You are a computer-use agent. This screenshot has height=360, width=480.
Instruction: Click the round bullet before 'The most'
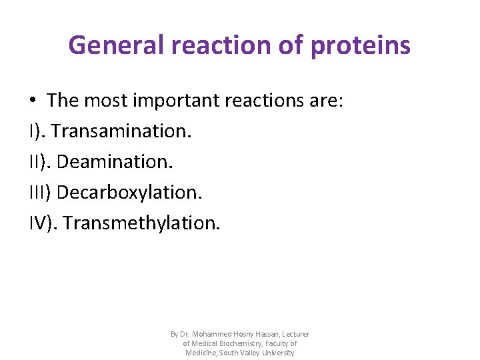click(33, 101)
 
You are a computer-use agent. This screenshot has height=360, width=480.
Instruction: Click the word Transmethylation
click(141, 223)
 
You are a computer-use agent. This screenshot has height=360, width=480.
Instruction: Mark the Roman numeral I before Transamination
click(31, 131)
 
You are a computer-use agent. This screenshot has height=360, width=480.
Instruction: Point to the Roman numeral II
click(35, 162)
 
